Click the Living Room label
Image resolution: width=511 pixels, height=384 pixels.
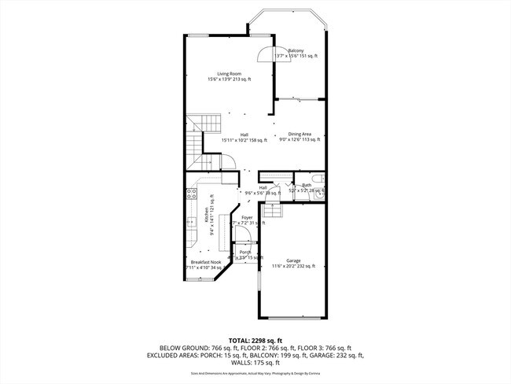(229, 76)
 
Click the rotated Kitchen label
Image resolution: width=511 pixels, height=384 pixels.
(207, 217)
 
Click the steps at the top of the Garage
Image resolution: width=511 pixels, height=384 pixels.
(272, 211)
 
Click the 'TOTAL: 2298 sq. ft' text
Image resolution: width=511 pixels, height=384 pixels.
(256, 338)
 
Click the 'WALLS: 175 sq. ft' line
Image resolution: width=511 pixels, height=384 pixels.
(256, 364)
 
